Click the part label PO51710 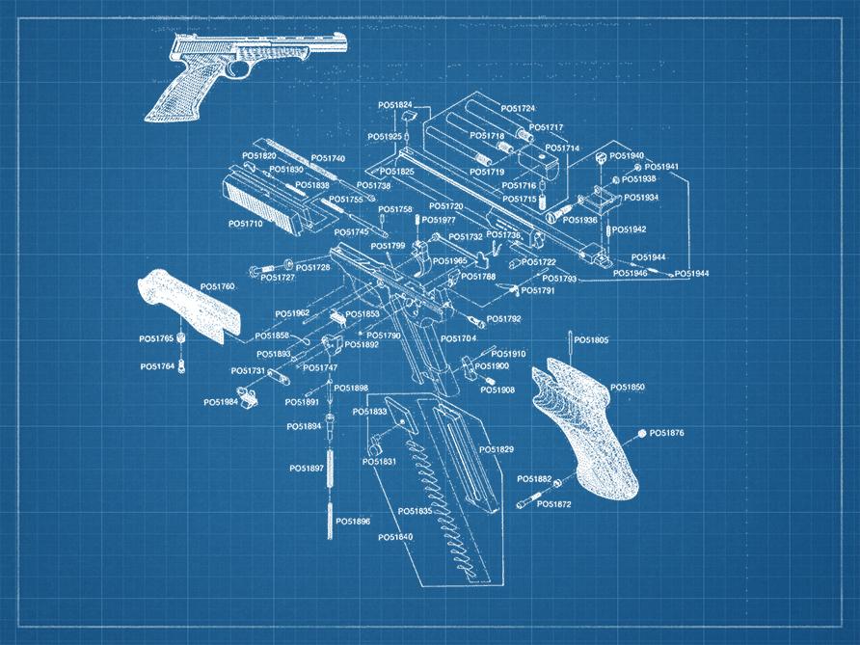[x=245, y=224]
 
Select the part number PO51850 [x=628, y=387]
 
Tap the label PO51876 [x=666, y=434]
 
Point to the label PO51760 [x=217, y=287]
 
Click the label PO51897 [x=307, y=469]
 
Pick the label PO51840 [x=395, y=537]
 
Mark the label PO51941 [x=662, y=167]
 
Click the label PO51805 [x=593, y=340]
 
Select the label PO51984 [x=221, y=402]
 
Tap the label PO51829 [x=497, y=450]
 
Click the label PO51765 [x=156, y=338]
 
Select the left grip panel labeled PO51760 [x=188, y=304]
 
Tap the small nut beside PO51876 [x=640, y=436]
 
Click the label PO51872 [x=554, y=504]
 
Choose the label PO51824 [x=395, y=105]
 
